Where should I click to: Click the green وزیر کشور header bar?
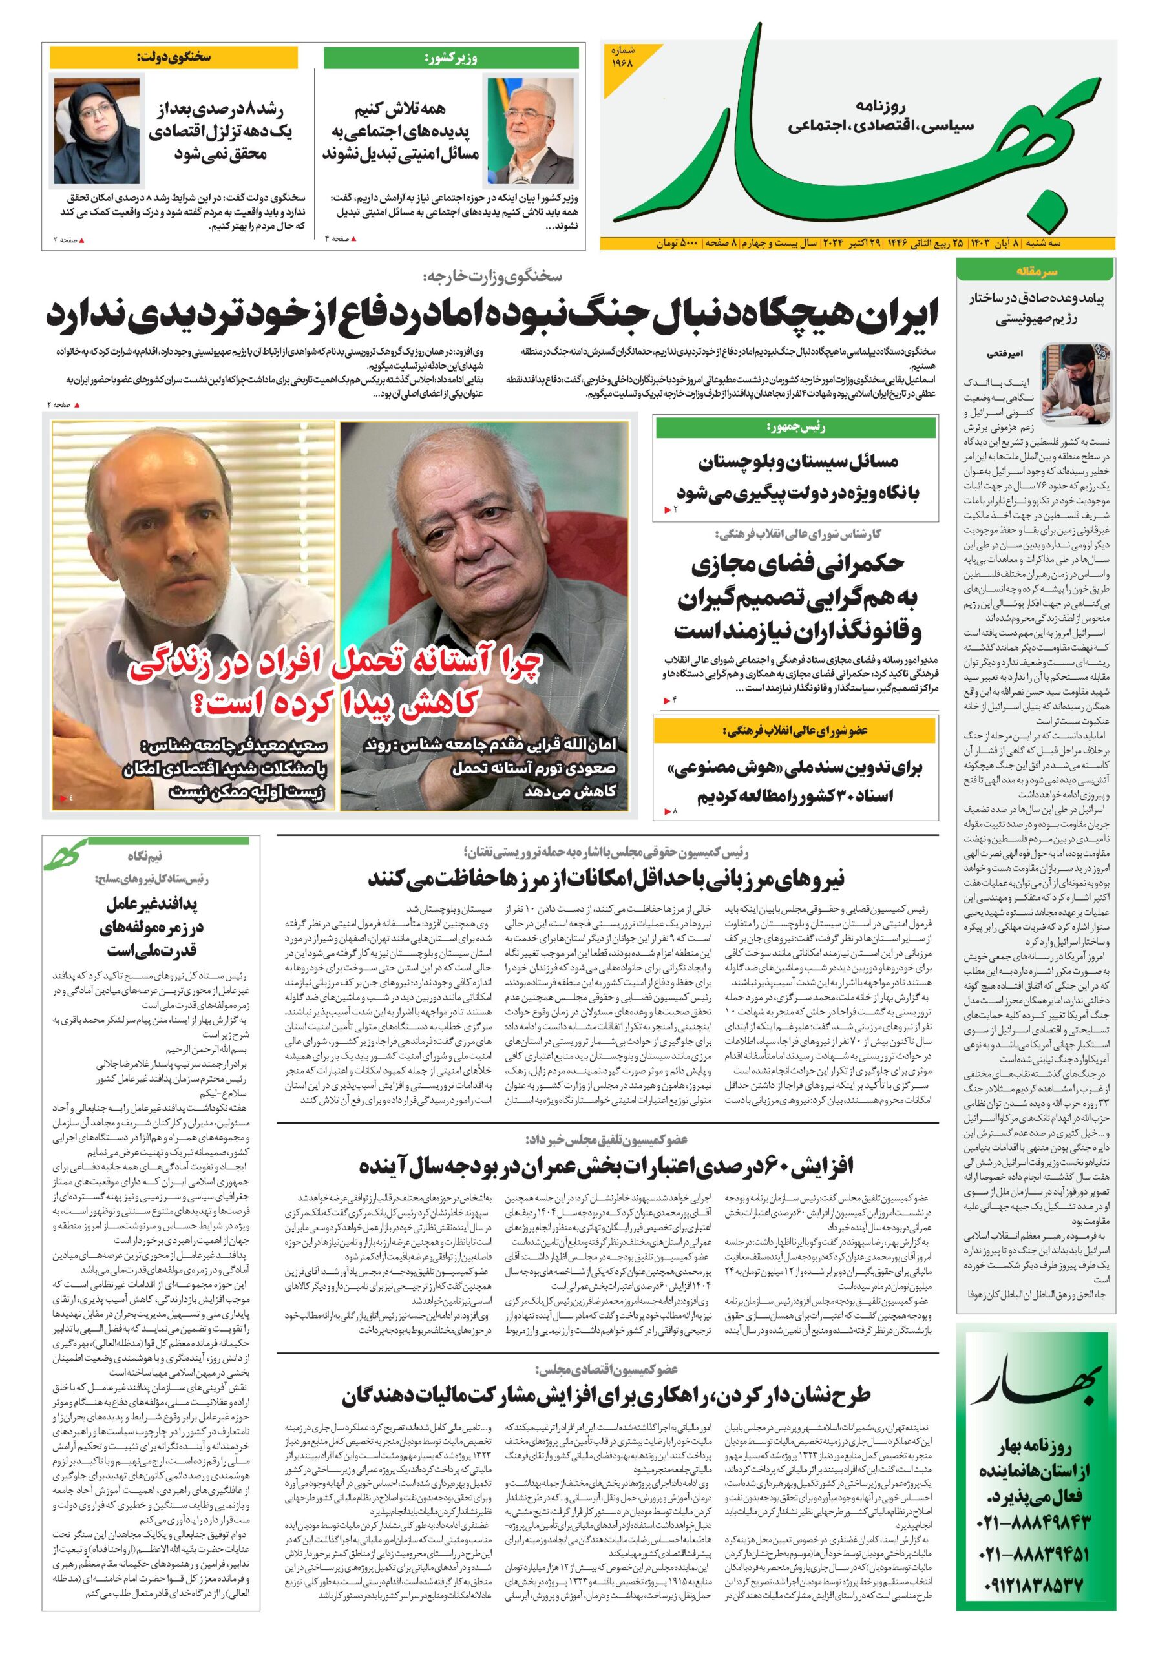[x=450, y=58]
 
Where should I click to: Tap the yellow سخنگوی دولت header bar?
[x=173, y=57]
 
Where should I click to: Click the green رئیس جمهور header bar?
[x=795, y=428]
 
